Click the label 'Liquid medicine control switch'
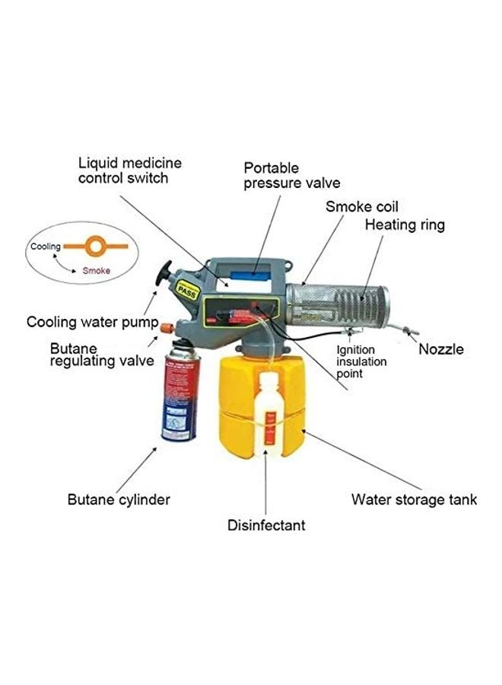click(x=130, y=170)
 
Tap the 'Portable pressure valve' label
click(x=291, y=175)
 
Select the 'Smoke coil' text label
click(x=362, y=206)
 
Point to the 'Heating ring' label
click(x=405, y=225)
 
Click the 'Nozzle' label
click(x=441, y=349)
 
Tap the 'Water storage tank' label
click(x=414, y=499)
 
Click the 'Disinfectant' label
click(x=266, y=525)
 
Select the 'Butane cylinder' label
click(x=119, y=500)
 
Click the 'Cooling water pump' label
click(x=92, y=322)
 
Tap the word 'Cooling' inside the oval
click(x=45, y=247)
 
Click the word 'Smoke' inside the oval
click(x=96, y=270)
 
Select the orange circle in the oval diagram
click(x=97, y=247)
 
